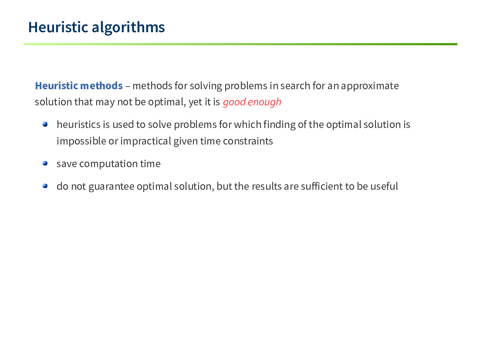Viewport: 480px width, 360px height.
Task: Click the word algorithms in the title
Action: tap(128, 28)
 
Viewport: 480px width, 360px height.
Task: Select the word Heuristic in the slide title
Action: tap(58, 27)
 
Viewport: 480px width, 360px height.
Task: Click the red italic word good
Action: tap(234, 102)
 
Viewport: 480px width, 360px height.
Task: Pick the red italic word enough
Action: tap(264, 102)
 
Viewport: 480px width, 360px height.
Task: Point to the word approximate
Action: tap(370, 86)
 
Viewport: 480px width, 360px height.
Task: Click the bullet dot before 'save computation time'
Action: tap(45, 163)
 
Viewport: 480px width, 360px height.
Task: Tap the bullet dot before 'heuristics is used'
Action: tap(45, 124)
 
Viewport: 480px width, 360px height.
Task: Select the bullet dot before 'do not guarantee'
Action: tap(45, 186)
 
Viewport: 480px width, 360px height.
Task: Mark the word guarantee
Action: tap(112, 187)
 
